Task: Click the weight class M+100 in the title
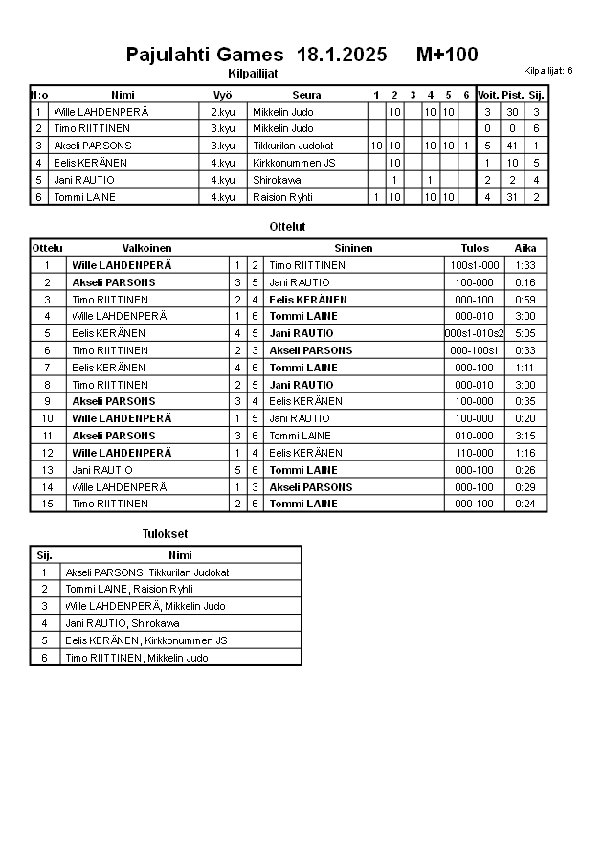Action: pos(447,55)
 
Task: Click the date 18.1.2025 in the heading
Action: pos(342,55)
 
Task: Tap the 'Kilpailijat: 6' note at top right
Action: pos(548,70)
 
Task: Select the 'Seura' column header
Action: pos(306,95)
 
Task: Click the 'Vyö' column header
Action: pos(222,95)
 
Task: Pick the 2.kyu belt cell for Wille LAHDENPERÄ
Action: pos(223,112)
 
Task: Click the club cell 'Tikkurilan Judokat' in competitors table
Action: pos(293,146)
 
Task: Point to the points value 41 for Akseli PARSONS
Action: pos(512,146)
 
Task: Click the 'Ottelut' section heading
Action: pos(288,227)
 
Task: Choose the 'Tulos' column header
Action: pos(475,248)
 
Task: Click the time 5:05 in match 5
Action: pos(525,333)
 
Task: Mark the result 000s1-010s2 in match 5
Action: pos(475,333)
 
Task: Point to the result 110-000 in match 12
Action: pos(475,453)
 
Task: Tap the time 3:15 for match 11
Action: pos(525,436)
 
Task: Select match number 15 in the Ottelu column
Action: pos(47,504)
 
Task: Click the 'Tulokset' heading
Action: pos(165,533)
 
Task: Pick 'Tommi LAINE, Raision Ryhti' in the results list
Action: pos(129,589)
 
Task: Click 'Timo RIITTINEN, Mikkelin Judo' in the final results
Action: pos(136,658)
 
